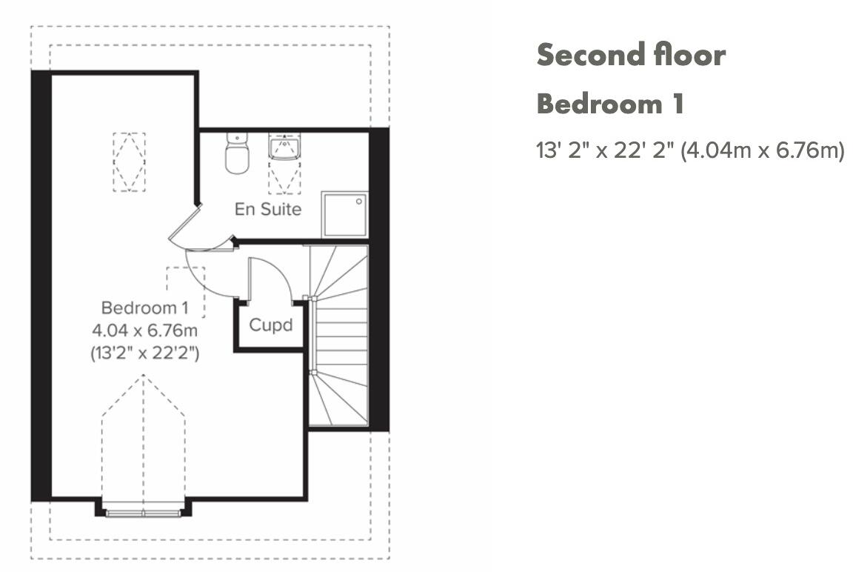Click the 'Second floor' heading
click(x=631, y=55)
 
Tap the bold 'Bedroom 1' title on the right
click(x=609, y=104)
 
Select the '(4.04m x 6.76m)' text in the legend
click(x=763, y=151)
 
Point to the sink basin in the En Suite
click(x=284, y=147)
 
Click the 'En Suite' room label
click(x=268, y=210)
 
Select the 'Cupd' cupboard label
click(x=270, y=325)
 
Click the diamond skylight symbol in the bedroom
click(x=129, y=162)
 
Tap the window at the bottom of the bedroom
click(x=143, y=511)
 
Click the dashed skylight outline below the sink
click(x=284, y=178)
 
